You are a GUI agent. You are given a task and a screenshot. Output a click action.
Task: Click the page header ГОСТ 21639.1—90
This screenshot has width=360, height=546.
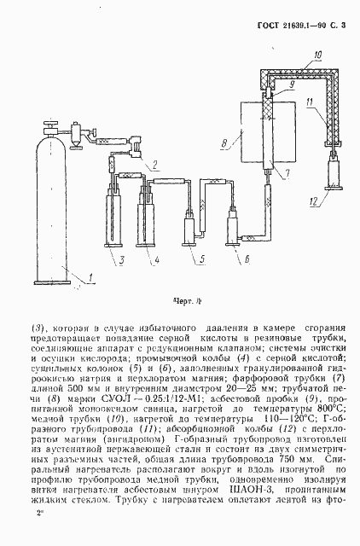click(x=300, y=26)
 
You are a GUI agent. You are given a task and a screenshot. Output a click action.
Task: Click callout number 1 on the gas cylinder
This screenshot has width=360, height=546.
click(x=83, y=273)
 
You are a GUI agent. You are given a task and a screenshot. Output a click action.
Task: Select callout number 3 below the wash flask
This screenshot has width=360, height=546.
click(x=121, y=259)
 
